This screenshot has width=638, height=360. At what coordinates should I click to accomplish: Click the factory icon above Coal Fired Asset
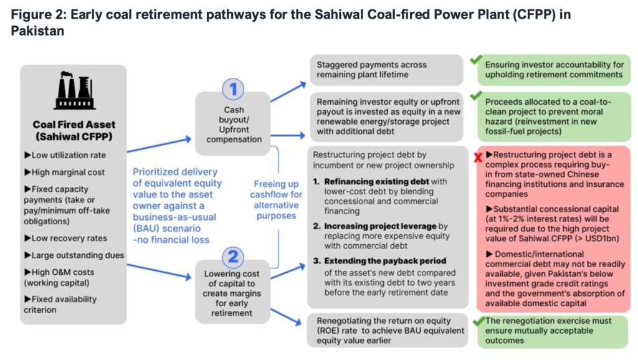74,91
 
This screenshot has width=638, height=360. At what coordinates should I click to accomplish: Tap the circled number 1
233,90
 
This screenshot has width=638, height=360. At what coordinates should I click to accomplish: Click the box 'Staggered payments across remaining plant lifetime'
386,70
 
